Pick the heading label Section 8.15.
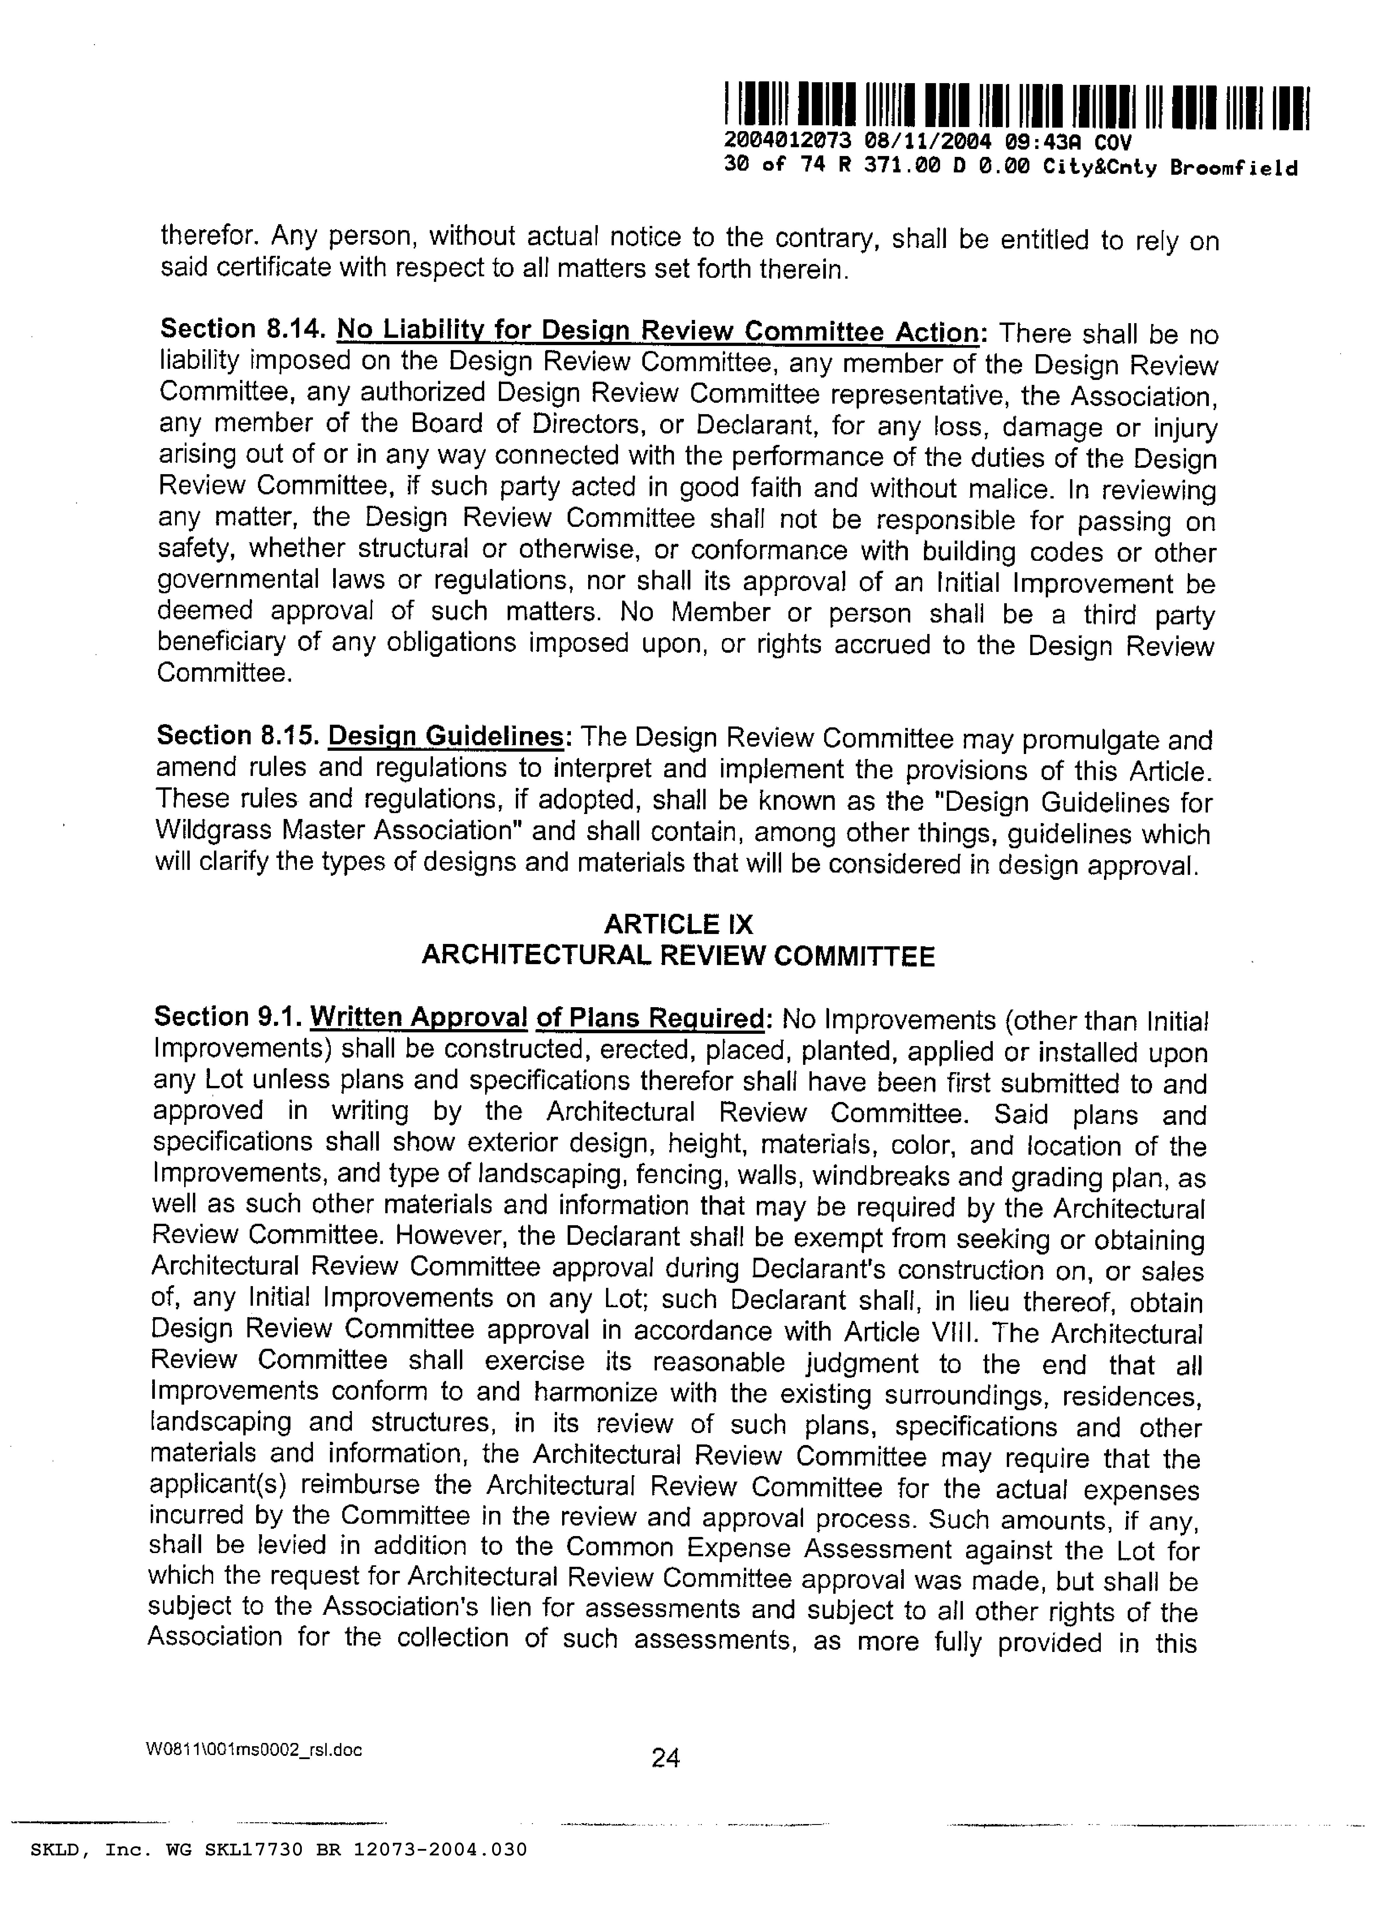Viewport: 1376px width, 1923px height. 237,735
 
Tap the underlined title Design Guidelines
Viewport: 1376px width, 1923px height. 446,736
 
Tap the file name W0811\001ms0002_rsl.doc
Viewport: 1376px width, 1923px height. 254,1750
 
